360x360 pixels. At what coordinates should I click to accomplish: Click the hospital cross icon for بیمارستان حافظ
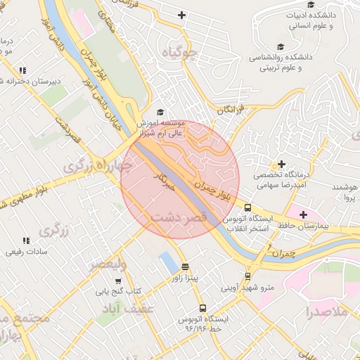[x=303, y=214]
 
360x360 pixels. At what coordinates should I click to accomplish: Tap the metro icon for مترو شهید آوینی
[x=247, y=276]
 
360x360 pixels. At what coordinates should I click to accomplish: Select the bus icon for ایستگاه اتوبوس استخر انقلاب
[x=247, y=207]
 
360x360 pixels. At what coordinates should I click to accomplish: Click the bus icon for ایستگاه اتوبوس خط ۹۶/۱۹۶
[x=202, y=308]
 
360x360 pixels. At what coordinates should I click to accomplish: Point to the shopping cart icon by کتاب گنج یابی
[x=108, y=280]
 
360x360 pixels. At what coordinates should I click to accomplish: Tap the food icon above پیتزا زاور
[x=185, y=267]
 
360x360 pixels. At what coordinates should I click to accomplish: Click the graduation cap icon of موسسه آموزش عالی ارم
[x=160, y=112]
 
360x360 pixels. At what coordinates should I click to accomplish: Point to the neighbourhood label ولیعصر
[x=107, y=264]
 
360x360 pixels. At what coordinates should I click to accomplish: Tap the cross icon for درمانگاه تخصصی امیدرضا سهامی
[x=282, y=164]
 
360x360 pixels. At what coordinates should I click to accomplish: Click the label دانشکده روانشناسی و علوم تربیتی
[x=281, y=63]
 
